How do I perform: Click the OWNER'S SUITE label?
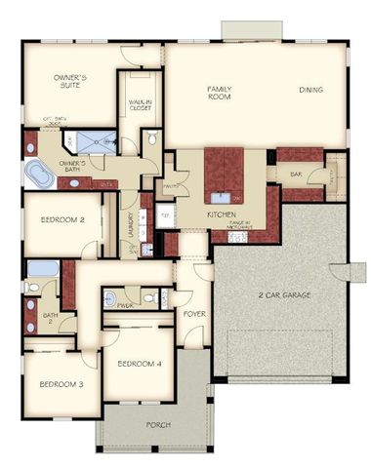70,81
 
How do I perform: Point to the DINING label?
311,91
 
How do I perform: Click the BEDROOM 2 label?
62,220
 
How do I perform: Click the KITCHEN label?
222,214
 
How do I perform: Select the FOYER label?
193,314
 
